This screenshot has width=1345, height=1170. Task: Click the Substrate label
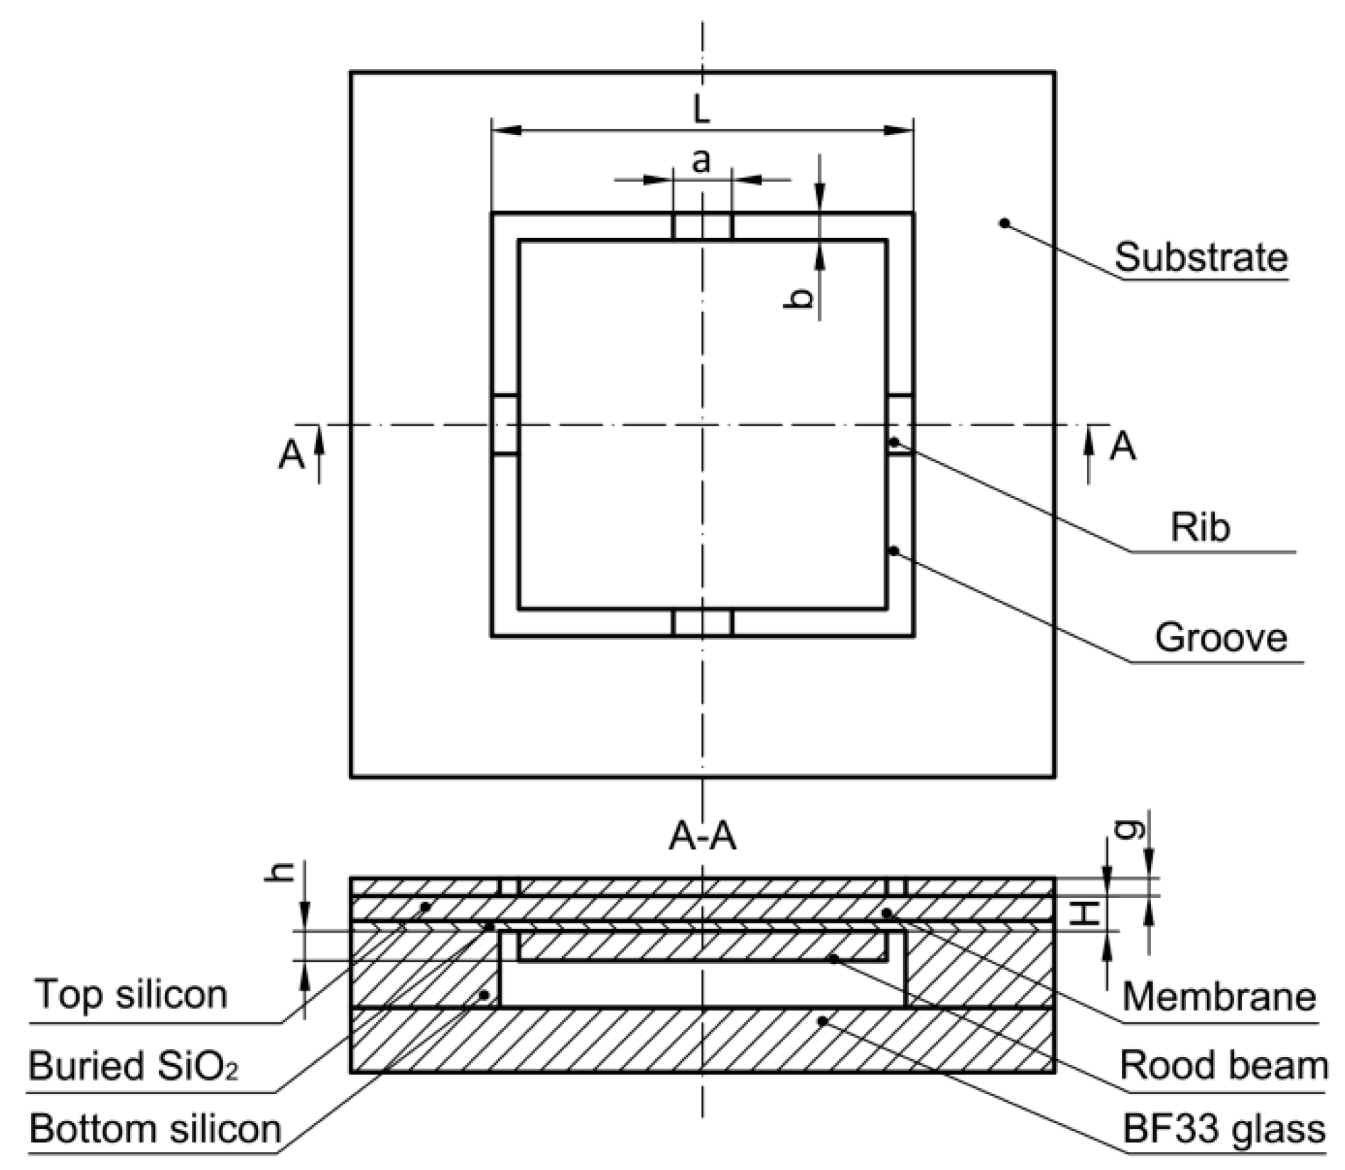pos(1200,257)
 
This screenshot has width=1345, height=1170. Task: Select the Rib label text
pos(1200,527)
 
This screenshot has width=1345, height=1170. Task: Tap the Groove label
pos(1220,637)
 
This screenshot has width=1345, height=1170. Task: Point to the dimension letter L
pos(701,110)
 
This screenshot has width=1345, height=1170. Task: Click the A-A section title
pos(702,838)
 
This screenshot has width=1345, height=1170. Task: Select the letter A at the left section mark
pos(291,455)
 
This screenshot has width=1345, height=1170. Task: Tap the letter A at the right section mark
pos(1123,447)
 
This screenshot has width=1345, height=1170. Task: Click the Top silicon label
pos(131,994)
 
